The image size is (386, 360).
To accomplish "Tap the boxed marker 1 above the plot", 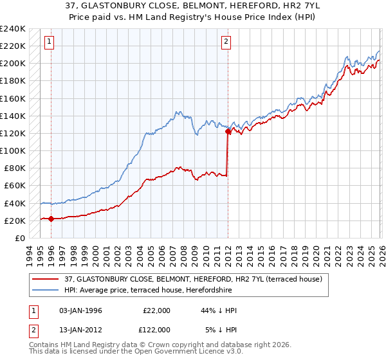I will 50,42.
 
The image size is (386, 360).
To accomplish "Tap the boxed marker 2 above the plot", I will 226,42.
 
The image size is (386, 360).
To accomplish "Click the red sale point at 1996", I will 51,219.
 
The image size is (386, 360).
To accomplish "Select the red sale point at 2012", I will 228,132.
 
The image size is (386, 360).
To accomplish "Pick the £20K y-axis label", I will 15,221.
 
